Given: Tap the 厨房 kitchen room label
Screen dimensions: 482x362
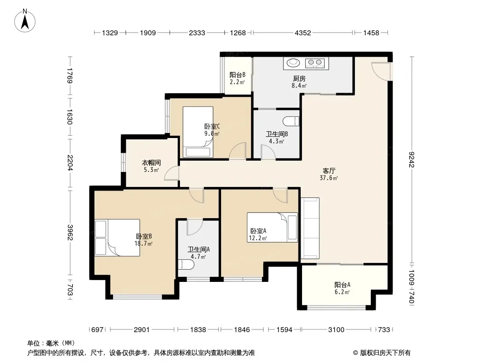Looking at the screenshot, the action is [299, 79].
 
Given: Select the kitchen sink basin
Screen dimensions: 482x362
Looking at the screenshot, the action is [293, 63].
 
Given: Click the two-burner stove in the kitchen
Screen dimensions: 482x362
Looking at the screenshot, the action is [315, 63].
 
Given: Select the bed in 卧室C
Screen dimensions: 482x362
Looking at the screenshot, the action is [198, 132].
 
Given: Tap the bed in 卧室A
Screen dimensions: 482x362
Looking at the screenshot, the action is [272, 227].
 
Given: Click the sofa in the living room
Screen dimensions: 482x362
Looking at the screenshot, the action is [310, 228].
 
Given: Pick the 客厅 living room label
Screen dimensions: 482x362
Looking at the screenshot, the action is [329, 171].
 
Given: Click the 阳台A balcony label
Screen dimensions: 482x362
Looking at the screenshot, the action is [342, 285].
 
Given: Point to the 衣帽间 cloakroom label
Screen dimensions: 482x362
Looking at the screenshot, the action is [151, 163].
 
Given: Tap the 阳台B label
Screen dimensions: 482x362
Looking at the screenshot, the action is [237, 75].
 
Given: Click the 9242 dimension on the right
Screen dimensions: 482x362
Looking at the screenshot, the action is [412, 160].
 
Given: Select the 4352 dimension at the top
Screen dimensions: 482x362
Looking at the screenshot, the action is [303, 33].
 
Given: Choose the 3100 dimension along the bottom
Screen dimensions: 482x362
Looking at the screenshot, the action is [336, 330].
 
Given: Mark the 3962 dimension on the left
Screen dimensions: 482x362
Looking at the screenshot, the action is [71, 233].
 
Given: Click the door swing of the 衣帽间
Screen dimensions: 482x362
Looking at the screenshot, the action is [171, 173].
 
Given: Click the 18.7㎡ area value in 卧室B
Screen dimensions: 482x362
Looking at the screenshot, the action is [143, 243].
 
